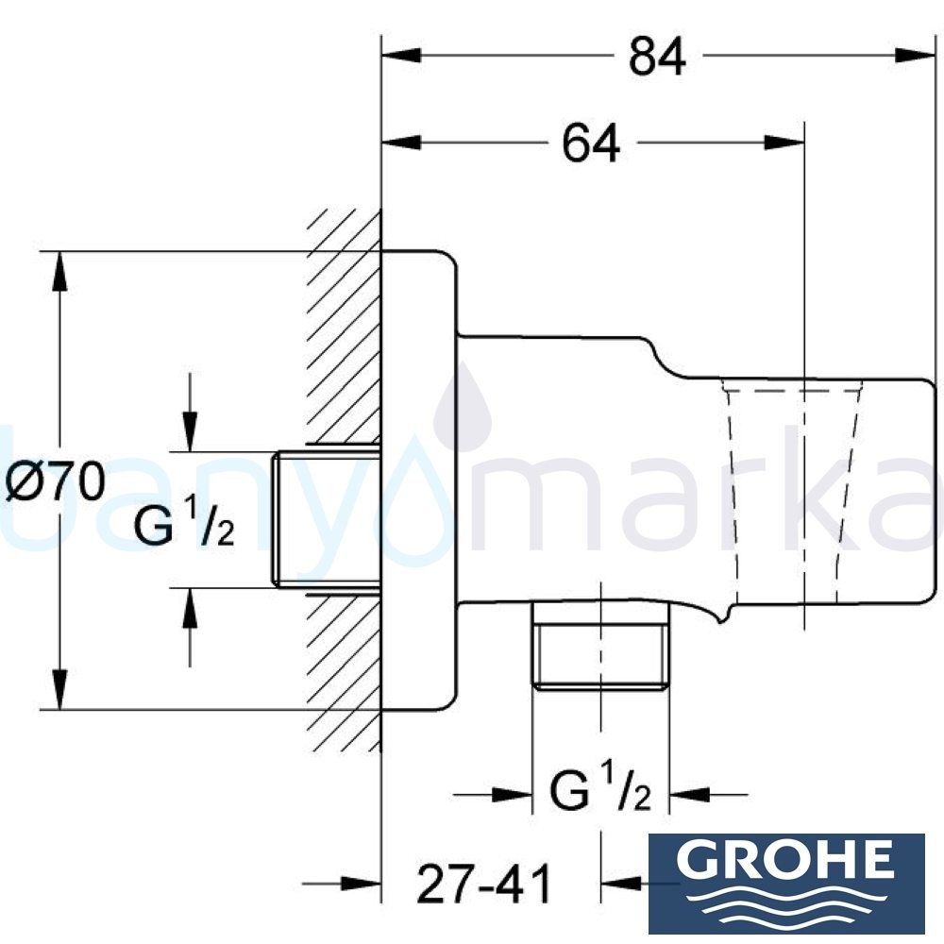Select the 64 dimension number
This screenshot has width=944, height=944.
(591, 144)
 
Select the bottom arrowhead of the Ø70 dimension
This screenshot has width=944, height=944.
(60, 689)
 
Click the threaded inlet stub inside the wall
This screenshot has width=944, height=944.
(325, 520)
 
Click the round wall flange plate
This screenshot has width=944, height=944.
(419, 481)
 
